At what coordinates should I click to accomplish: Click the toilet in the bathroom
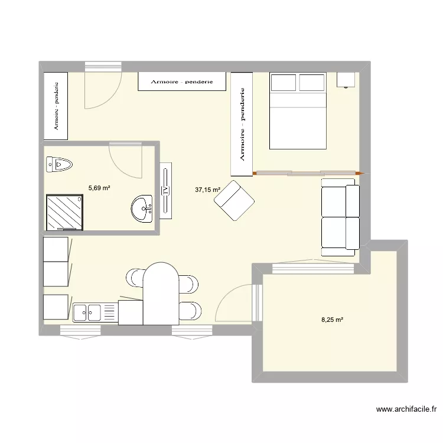point(59,164)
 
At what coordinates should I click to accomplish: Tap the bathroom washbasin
point(142,209)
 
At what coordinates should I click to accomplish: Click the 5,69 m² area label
point(99,188)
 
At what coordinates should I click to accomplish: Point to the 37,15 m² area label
point(207,190)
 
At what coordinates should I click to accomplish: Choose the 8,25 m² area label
point(332,320)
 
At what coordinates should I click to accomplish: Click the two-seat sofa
point(340,217)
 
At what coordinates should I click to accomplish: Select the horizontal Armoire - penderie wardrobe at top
point(182,82)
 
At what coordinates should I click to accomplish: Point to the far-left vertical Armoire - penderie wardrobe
point(56,106)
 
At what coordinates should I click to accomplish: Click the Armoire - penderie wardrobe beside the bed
point(242,124)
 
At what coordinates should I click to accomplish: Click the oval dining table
point(161,292)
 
